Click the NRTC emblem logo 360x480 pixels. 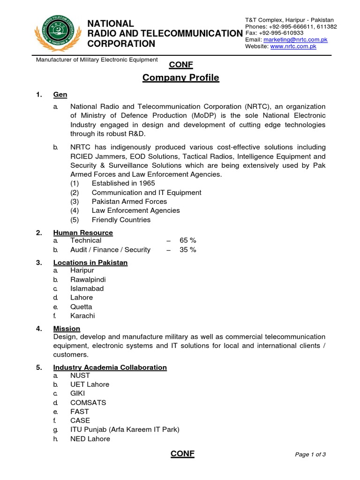pos(56,33)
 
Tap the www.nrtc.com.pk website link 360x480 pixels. pos(293,46)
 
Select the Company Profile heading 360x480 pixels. pos(180,78)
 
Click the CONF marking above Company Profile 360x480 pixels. pos(180,65)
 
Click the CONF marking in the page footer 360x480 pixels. pos(182,453)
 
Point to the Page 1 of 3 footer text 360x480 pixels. pos(310,454)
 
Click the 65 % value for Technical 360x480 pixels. pos(187,240)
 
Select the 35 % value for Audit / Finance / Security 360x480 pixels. pos(187,250)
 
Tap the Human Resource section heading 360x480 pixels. pos(83,232)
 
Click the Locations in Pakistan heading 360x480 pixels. pos(90,262)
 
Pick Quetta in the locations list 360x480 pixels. pos(81,307)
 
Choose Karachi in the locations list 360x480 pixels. pos(82,316)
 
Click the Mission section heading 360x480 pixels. pos(67,329)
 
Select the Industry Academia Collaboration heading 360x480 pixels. pos(110,367)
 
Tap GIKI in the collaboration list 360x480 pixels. pos(78,394)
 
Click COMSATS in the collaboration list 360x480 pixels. pos(88,403)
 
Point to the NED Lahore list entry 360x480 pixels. pos(90,439)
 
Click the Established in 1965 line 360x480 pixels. pos(123,183)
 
